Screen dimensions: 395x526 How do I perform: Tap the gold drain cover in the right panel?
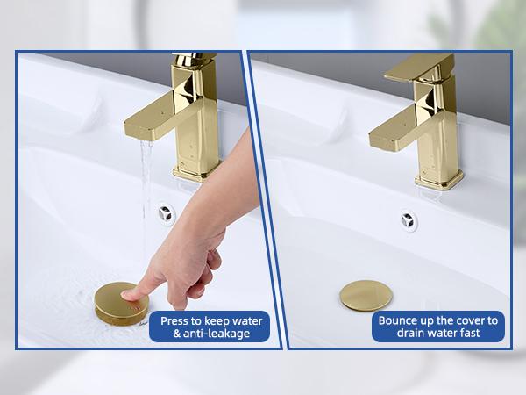pos(366,294)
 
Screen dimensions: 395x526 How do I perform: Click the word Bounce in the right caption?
pos(400,320)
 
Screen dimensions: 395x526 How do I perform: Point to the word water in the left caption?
pos(246,320)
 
